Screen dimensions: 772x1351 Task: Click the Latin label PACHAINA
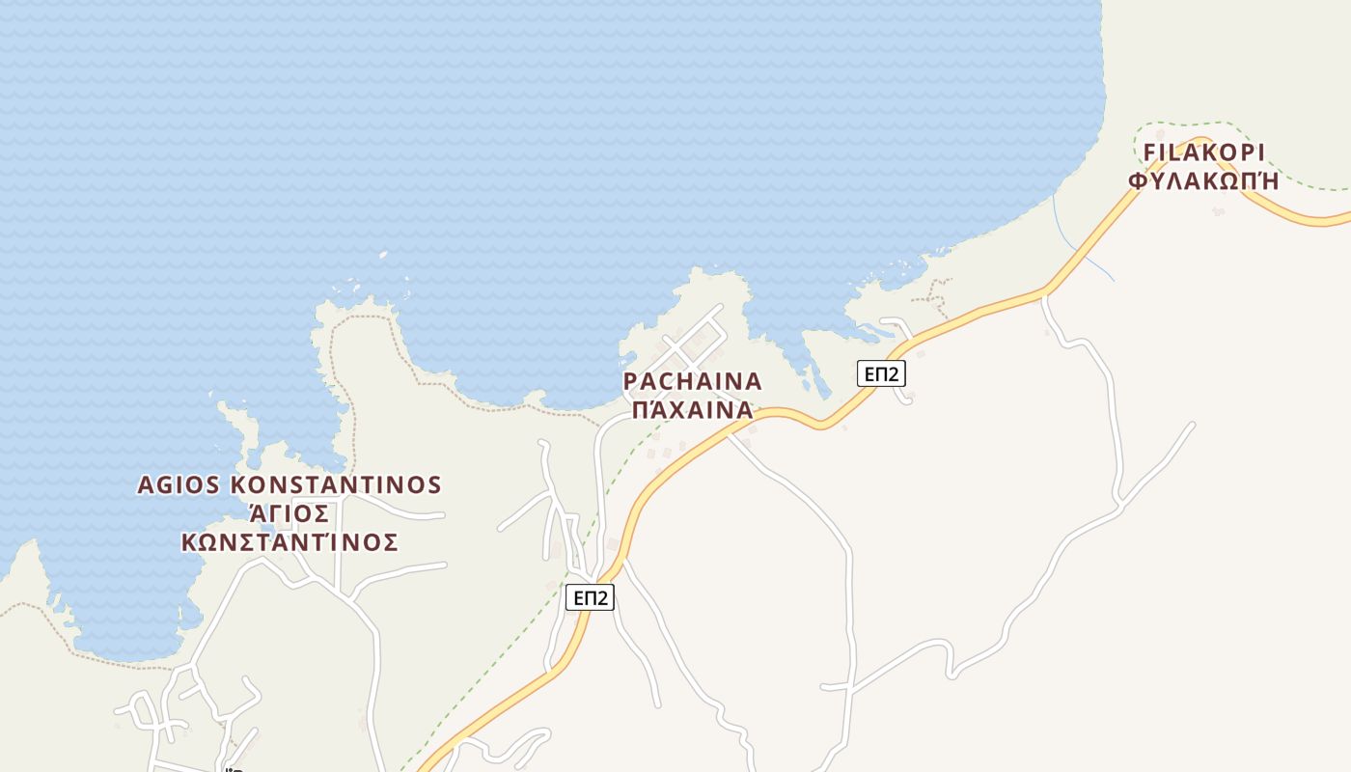point(693,381)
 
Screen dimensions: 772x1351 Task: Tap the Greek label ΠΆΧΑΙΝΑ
point(692,409)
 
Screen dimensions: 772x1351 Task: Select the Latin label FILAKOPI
point(1203,153)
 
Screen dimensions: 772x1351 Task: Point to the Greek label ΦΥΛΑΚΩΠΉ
point(1203,180)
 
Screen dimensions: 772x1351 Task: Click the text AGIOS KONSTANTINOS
point(289,484)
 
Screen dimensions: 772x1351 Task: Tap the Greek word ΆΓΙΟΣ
point(289,513)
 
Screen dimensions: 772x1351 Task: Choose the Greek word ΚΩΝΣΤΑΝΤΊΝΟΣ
point(289,542)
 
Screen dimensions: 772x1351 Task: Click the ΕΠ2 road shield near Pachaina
point(881,373)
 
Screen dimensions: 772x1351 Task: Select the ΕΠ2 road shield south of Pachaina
point(590,598)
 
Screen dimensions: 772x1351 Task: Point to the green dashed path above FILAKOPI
point(1187,124)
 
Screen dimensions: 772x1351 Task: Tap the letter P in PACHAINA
point(631,381)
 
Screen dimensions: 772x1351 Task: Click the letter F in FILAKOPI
point(1149,153)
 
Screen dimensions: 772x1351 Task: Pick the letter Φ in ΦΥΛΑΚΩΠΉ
point(1138,180)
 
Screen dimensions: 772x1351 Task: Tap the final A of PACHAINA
point(753,381)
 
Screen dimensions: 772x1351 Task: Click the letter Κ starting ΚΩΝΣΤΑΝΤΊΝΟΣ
point(190,542)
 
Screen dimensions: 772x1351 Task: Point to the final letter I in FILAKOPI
point(1259,153)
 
